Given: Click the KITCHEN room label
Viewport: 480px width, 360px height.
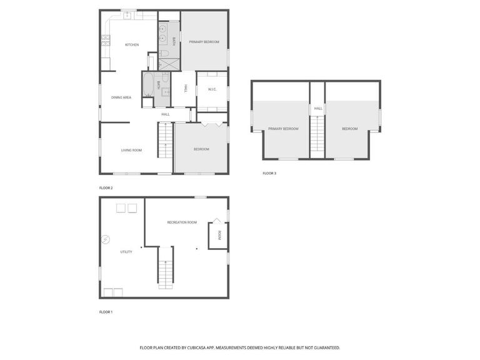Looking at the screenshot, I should [132, 44].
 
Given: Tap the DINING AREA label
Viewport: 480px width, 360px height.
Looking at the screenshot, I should [121, 97].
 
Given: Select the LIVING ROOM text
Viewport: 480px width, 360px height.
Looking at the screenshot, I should [131, 149].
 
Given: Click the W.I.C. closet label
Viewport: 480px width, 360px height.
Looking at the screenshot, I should [211, 89].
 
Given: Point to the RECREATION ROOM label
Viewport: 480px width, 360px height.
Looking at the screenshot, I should [182, 222].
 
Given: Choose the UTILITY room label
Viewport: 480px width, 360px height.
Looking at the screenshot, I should [126, 252].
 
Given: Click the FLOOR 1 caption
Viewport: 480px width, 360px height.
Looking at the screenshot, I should [106, 311].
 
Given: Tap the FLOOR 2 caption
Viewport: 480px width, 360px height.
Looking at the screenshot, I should [106, 187].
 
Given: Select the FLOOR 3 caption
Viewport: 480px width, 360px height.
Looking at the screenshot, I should [269, 173].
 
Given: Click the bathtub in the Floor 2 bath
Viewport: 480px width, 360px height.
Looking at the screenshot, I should [148, 85].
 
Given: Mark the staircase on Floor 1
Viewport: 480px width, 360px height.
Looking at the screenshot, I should [165, 272].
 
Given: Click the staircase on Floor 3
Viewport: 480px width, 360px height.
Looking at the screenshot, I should [317, 136].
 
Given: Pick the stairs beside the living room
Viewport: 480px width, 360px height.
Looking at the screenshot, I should [164, 140].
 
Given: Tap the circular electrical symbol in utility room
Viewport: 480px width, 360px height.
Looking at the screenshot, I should [106, 239].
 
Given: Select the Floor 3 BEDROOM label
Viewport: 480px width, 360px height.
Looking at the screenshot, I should [349, 129].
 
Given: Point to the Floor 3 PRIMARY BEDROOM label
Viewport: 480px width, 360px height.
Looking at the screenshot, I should [283, 129].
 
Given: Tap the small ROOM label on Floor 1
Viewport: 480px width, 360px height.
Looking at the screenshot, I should [219, 236].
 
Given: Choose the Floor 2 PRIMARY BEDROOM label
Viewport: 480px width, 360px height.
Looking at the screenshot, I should [204, 41].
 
